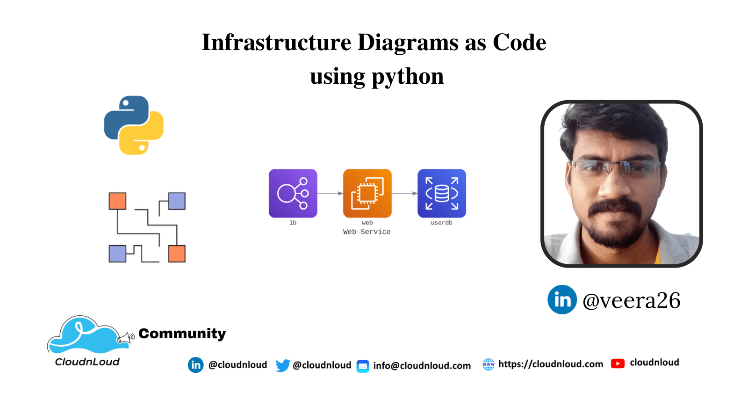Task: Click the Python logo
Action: (134, 125)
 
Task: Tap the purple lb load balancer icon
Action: (293, 193)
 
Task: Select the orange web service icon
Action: (367, 193)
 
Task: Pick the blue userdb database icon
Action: (442, 193)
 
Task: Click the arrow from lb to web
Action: (330, 193)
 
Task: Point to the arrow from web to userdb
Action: (404, 193)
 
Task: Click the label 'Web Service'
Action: (367, 232)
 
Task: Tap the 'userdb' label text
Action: (441, 223)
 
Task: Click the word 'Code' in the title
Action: (519, 43)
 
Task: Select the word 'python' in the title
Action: (408, 76)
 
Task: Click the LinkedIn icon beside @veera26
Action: (562, 299)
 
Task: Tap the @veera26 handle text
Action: (631, 300)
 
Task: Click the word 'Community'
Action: (182, 333)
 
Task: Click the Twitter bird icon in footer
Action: (282, 365)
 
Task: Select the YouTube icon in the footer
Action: (618, 364)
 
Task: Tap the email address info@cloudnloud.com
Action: (422, 366)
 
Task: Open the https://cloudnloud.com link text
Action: (551, 364)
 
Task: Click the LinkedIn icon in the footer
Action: (196, 365)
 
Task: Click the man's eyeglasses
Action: (616, 168)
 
